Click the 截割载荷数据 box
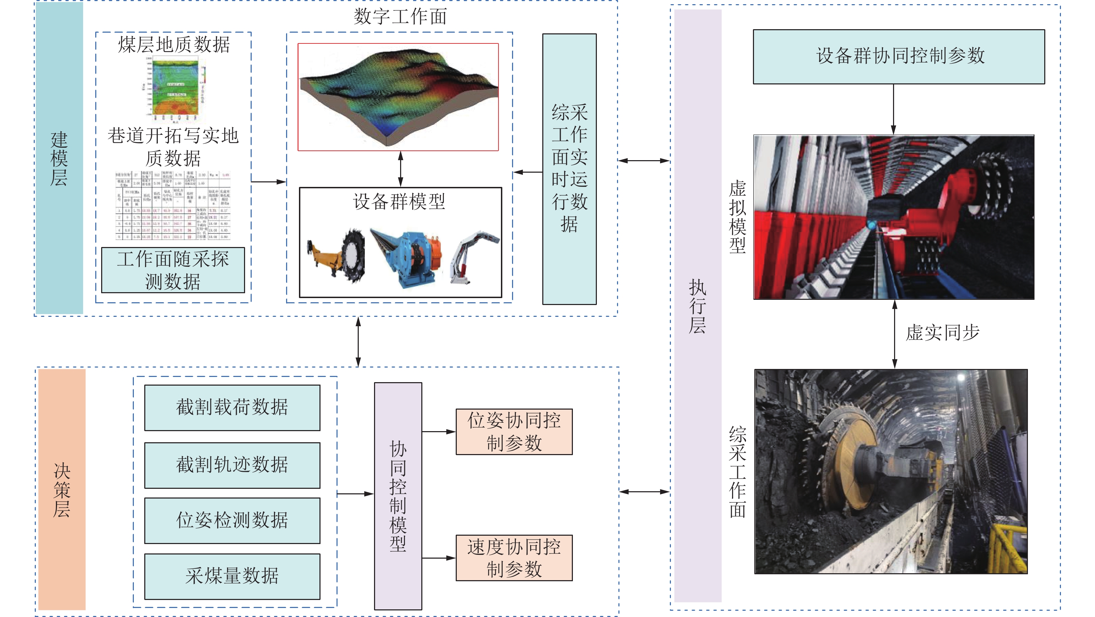point(232,408)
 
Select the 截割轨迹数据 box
point(232,465)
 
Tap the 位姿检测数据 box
point(232,520)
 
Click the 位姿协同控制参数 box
point(514,432)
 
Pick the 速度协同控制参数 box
point(514,558)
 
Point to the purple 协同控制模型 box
point(398,496)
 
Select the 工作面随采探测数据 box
point(173,270)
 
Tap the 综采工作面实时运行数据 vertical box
point(569,169)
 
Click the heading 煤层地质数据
point(174,44)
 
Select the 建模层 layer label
point(59,158)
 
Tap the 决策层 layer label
point(62,490)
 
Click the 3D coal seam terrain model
point(398,97)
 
